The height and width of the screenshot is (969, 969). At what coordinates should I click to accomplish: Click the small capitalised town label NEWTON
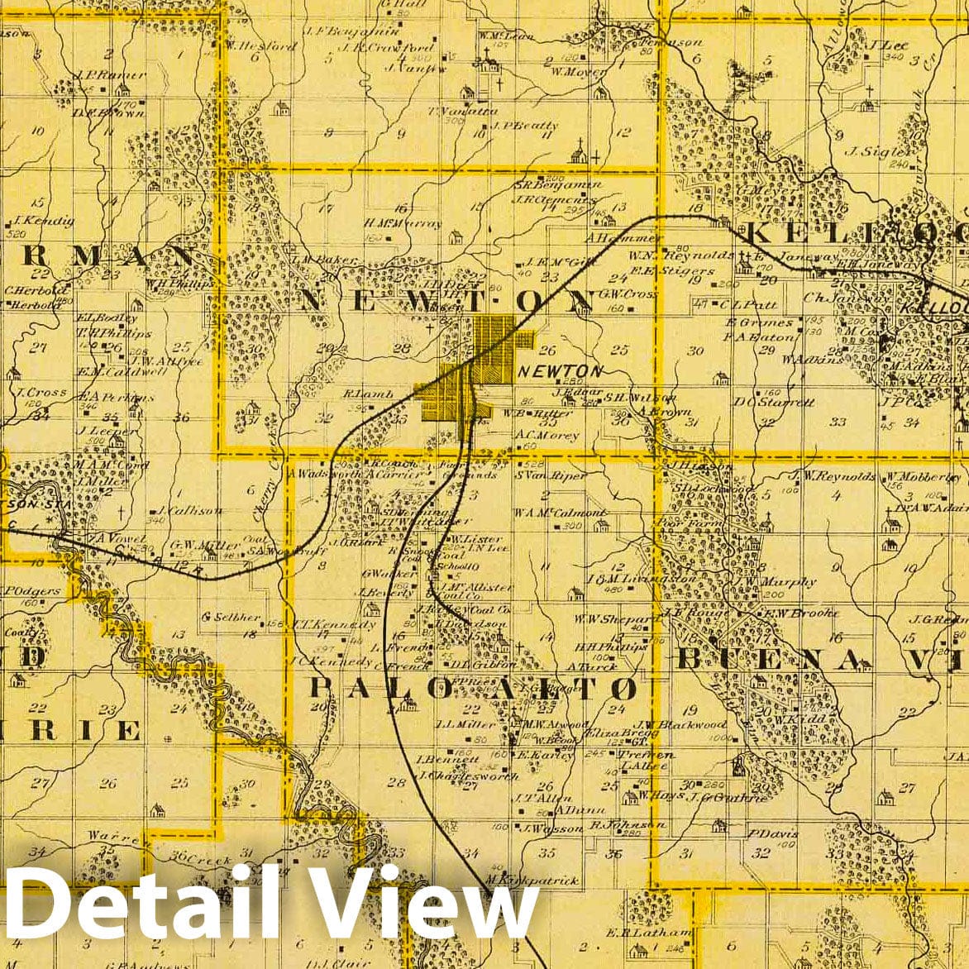click(x=560, y=371)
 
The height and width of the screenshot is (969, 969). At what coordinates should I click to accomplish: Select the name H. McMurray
click(x=402, y=223)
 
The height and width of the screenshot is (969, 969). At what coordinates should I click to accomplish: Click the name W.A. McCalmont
click(x=559, y=513)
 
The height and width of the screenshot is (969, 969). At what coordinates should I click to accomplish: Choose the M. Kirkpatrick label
click(x=532, y=881)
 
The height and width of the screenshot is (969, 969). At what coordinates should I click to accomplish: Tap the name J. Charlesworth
click(x=468, y=776)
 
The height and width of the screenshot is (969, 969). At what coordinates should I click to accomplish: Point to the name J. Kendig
click(x=44, y=222)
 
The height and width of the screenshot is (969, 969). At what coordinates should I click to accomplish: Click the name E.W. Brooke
click(x=785, y=613)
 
